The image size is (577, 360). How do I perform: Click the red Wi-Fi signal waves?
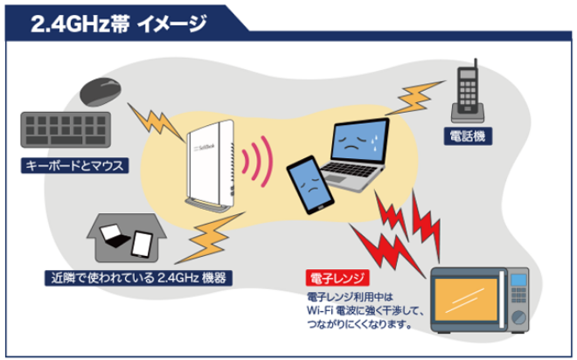tap(256, 162)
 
